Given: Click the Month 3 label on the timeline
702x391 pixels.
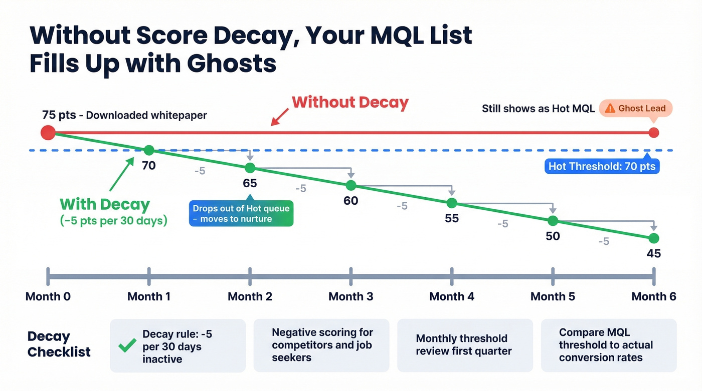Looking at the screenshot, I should click(350, 296).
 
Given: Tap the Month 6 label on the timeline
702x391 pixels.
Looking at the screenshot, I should click(653, 296).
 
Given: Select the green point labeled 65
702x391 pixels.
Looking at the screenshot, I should click(250, 168).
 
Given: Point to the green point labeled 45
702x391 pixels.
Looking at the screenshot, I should click(653, 238).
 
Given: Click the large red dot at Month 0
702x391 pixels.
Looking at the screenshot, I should click(48, 133).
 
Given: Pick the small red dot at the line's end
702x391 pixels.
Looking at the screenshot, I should click(653, 133).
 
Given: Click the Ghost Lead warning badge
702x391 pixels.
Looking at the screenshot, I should click(635, 109).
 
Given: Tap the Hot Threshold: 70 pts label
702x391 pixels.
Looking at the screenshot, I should click(602, 167).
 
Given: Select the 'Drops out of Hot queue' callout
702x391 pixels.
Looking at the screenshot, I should click(241, 214).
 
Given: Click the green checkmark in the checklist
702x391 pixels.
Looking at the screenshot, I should click(127, 345).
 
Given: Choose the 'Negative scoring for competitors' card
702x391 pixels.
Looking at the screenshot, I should click(321, 345).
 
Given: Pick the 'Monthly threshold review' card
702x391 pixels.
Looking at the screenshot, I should click(465, 345).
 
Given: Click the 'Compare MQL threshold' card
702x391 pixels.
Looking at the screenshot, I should click(608, 345).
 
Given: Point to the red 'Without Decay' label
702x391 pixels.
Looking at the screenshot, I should click(350, 103).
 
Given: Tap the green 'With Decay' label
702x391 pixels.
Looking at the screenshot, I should click(105, 204).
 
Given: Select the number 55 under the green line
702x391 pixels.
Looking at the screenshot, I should click(451, 219).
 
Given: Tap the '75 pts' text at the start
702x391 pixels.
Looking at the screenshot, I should click(59, 115).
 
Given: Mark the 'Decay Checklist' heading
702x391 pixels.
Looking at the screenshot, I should click(59, 344).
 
